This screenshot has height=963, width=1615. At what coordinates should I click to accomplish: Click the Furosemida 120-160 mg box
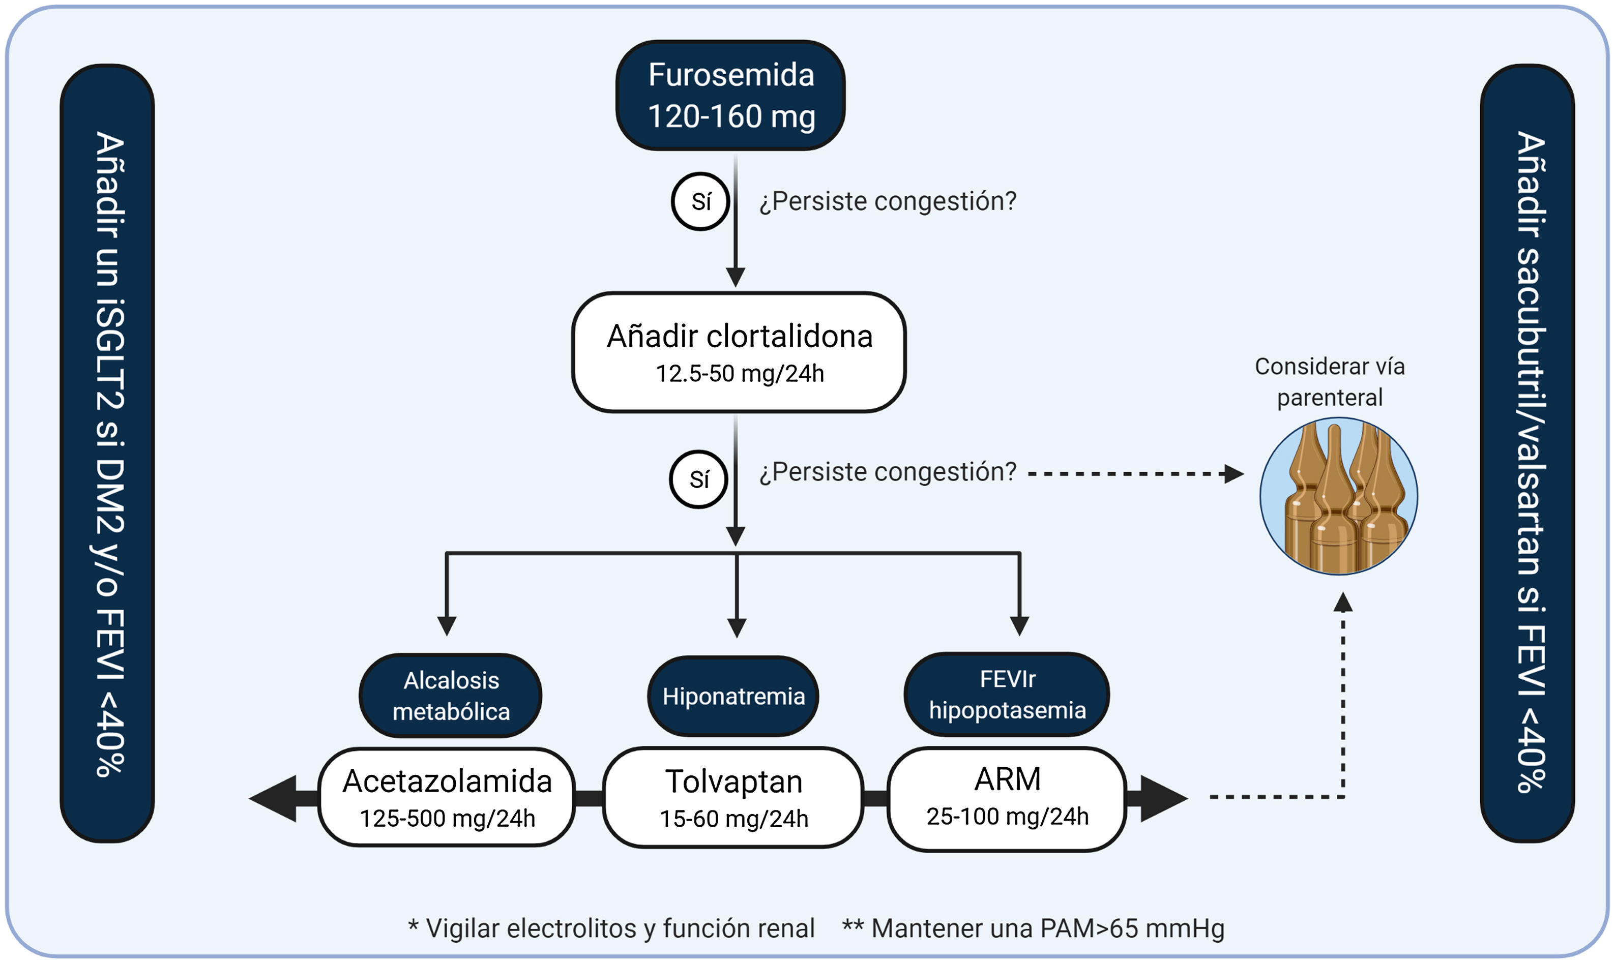tap(730, 96)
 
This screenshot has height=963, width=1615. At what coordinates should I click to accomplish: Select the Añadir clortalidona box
tap(739, 352)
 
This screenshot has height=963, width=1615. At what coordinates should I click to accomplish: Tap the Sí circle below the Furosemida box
tap(700, 201)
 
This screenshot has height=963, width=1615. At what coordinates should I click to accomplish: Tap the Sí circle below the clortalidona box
tap(698, 479)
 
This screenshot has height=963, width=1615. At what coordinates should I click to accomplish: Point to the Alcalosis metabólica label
tap(451, 696)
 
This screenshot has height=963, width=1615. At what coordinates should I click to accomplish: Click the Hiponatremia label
tap(733, 696)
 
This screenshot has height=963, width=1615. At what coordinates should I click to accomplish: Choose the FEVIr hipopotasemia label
tap(1007, 695)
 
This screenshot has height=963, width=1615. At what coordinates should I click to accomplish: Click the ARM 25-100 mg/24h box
tap(1007, 799)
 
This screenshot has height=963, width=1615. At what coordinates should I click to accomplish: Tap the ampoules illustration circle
tap(1338, 496)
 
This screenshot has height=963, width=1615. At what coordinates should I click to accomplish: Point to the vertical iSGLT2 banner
tap(107, 453)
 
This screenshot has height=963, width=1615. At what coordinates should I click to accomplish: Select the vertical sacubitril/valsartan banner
tap(1528, 453)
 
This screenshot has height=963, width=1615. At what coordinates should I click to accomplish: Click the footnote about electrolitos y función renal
tap(611, 928)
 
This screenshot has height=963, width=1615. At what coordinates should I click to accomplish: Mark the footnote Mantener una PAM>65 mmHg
tap(1034, 928)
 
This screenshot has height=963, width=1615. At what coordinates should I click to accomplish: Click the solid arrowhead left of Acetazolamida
tap(273, 799)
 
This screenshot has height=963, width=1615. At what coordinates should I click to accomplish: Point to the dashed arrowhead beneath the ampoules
tap(1342, 602)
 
